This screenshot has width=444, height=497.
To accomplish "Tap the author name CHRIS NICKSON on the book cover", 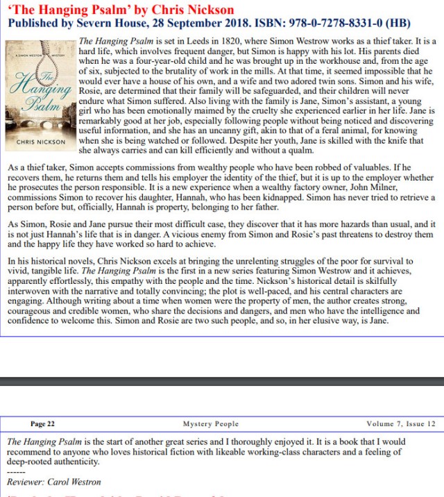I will coord(41,142).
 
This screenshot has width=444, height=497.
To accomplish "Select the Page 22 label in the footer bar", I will coord(42,423).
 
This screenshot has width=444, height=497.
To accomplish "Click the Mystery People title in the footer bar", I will coord(211,423).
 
